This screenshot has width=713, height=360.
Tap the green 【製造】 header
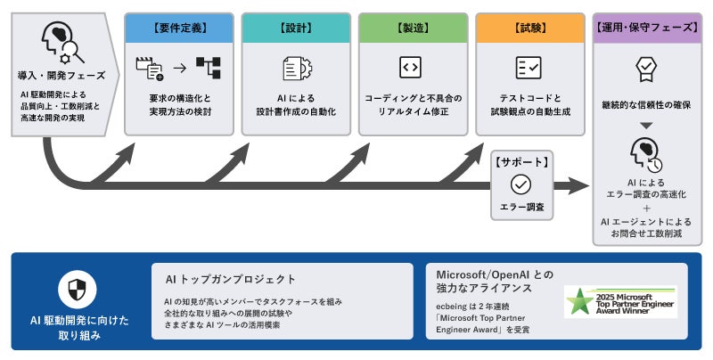[412, 28]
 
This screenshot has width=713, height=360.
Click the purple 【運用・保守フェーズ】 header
[646, 28]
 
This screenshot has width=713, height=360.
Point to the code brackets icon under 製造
[411, 68]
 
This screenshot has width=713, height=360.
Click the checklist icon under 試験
[529, 68]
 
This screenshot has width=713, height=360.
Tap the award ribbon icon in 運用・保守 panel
[645, 68]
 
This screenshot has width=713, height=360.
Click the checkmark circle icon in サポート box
[520, 184]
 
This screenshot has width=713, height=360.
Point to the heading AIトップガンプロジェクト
[231, 279]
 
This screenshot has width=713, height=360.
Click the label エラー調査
[520, 207]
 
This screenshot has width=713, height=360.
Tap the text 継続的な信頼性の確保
[646, 104]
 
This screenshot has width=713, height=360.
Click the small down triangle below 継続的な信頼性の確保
[646, 126]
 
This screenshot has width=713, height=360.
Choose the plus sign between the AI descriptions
[646, 208]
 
